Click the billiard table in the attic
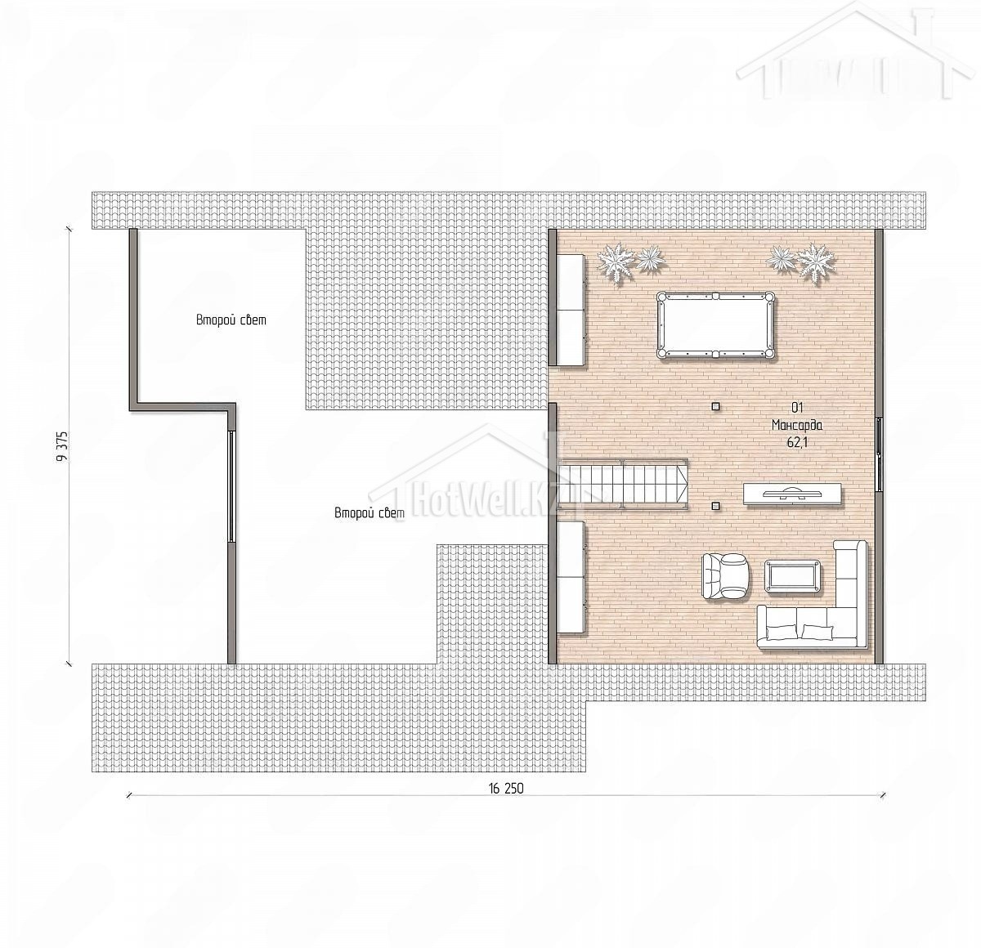click(716, 325)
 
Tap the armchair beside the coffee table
click(725, 575)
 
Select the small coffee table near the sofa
click(792, 576)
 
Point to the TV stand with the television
click(792, 494)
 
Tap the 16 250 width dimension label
click(505, 789)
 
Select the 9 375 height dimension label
click(62, 445)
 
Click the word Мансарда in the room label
click(797, 425)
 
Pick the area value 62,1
click(797, 442)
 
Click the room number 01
click(797, 407)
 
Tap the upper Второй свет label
click(231, 320)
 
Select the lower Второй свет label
click(370, 513)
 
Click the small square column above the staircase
click(715, 405)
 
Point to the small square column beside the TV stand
click(715, 506)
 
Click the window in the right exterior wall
click(879, 454)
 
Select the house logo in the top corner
click(854, 51)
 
